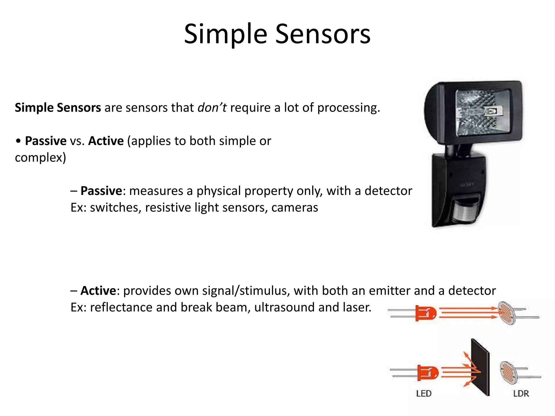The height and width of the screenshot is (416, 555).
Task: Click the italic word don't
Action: click(x=212, y=108)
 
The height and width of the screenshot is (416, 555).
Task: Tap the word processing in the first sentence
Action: click(x=349, y=108)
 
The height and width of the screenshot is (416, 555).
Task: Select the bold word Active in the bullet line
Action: click(x=106, y=141)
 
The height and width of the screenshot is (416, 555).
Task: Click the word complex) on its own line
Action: click(x=40, y=158)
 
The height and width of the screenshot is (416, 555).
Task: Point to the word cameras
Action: click(x=295, y=208)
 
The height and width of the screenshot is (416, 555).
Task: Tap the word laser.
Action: click(x=357, y=307)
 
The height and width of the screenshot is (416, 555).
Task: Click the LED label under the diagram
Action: click(x=424, y=393)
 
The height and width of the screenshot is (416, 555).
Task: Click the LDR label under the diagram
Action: click(x=521, y=393)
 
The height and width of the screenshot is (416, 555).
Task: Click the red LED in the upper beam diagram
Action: click(x=425, y=313)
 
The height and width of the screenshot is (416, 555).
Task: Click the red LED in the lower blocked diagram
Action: click(x=428, y=373)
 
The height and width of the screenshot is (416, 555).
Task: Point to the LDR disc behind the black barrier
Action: click(x=508, y=372)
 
